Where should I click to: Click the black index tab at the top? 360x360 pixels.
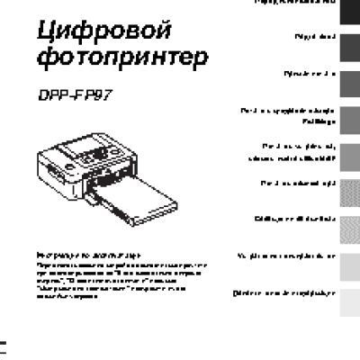point(350,6)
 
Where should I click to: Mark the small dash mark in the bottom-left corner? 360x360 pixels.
point(5,345)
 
